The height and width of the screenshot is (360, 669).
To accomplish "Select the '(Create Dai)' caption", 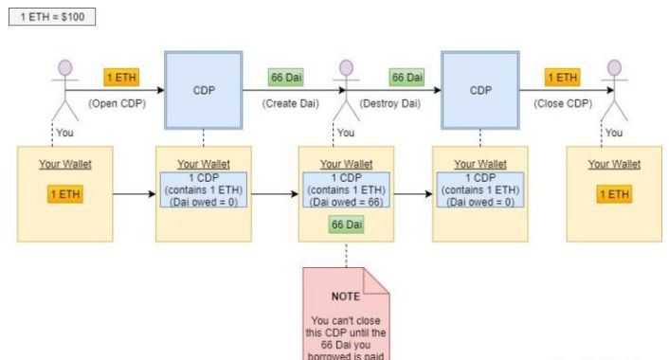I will click(291, 103).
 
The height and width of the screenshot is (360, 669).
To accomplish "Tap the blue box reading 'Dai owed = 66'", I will click(347, 189).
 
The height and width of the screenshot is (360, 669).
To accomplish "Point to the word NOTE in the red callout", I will click(347, 297).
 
